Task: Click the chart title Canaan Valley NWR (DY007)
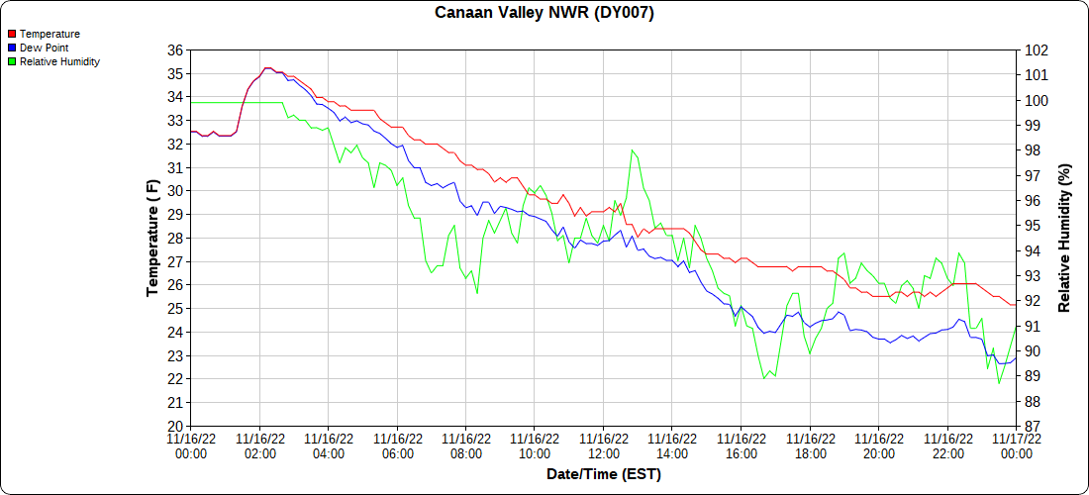point(544,13)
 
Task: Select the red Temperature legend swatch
point(12,35)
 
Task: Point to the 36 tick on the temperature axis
point(174,50)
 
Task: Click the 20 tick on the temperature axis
point(174,426)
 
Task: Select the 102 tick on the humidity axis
point(1037,50)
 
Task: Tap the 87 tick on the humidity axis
point(1034,426)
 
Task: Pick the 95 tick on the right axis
point(1034,226)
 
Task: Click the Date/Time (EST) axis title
point(604,474)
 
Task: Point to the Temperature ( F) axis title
point(152,238)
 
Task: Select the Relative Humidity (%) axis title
point(1065,238)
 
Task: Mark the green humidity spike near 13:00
point(632,150)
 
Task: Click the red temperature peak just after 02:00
point(266,68)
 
